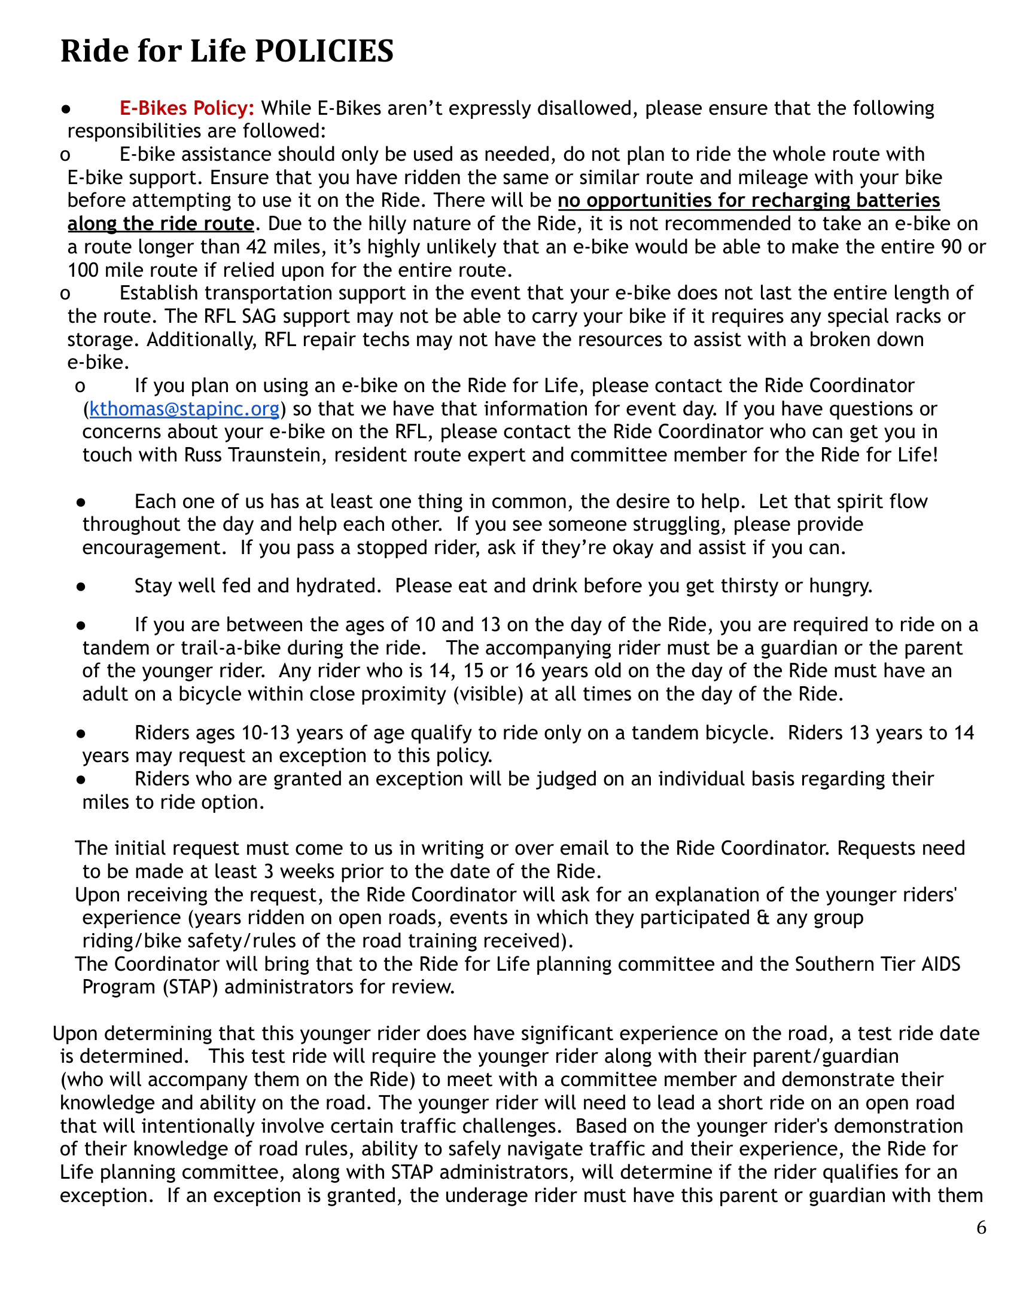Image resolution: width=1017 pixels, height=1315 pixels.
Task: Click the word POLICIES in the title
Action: pyautogui.click(x=324, y=51)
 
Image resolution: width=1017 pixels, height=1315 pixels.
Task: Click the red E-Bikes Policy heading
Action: pyautogui.click(x=187, y=108)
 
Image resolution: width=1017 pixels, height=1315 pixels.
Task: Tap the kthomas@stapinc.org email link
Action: pyautogui.click(x=184, y=409)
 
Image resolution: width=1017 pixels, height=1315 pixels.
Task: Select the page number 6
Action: pyautogui.click(x=982, y=1228)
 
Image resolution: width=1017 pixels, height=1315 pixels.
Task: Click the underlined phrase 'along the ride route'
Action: pyautogui.click(x=161, y=224)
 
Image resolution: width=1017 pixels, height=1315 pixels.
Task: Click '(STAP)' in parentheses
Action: pyautogui.click(x=190, y=987)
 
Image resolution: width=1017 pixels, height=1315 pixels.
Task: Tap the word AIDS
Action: pyautogui.click(x=940, y=965)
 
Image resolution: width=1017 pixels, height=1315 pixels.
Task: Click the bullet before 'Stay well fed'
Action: pyautogui.click(x=81, y=586)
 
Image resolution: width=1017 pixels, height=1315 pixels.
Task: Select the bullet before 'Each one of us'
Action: pyautogui.click(x=81, y=502)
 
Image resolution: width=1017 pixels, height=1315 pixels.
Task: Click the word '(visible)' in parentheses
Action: pyautogui.click(x=488, y=694)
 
